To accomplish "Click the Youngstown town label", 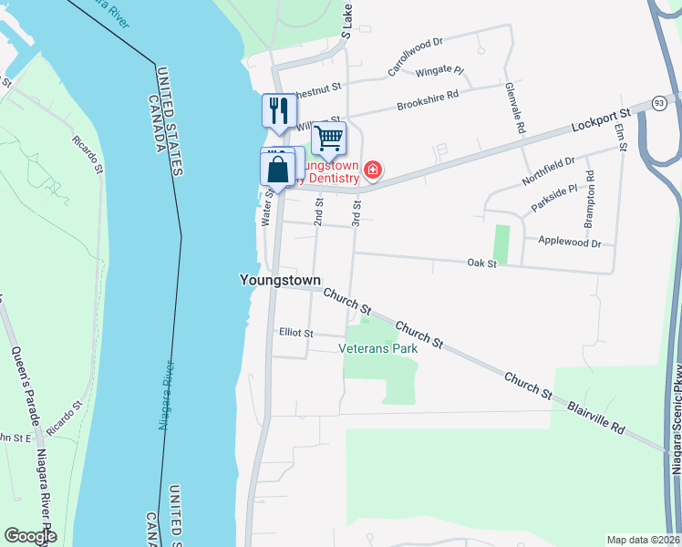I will tap(280, 280).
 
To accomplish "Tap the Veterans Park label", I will tap(377, 347).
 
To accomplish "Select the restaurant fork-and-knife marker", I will tap(278, 111).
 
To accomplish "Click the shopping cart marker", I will tap(328, 139).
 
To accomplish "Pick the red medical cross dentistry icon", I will tap(372, 170).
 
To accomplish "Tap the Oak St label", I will tap(480, 263).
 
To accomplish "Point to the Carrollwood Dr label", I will tap(415, 56).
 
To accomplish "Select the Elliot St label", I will tap(296, 334).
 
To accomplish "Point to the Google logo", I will tap(30, 536).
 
